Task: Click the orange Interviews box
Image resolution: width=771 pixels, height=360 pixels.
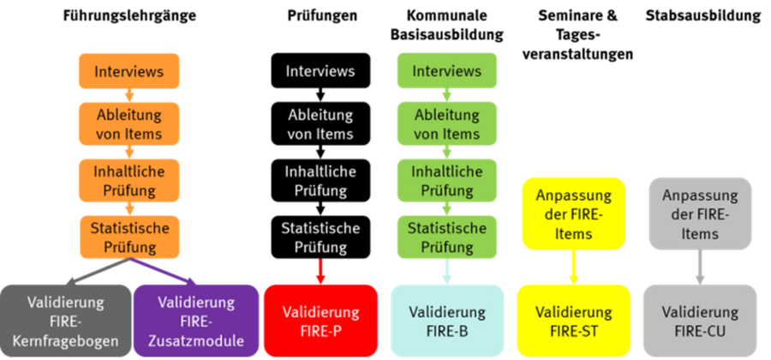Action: pyautogui.click(x=129, y=70)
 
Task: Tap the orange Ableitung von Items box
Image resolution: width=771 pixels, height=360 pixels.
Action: pyautogui.click(x=129, y=124)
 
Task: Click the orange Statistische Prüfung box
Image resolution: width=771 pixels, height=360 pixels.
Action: pyautogui.click(x=129, y=237)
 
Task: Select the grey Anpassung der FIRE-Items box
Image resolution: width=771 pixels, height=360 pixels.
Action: pyautogui.click(x=700, y=213)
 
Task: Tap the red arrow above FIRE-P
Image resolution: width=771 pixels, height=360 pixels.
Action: pyautogui.click(x=321, y=272)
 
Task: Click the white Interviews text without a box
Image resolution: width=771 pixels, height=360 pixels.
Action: pyautogui.click(x=320, y=71)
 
